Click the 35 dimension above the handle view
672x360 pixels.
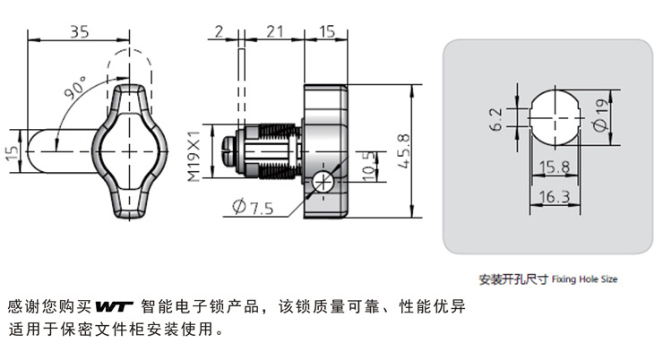(79, 31)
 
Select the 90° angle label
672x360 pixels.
(76, 88)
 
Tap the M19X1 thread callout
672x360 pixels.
(194, 156)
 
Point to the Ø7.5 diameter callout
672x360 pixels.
(253, 207)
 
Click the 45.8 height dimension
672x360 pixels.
(403, 151)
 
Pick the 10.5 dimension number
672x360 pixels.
(368, 167)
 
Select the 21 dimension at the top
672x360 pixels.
(274, 31)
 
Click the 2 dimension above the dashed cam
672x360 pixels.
(219, 31)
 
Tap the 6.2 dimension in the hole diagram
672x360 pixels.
(495, 119)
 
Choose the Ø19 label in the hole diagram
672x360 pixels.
(601, 115)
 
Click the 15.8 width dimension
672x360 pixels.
(555, 167)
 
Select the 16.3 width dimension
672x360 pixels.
(555, 197)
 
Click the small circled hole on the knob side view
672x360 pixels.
(323, 183)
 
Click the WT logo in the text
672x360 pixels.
(114, 306)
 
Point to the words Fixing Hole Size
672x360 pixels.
(584, 279)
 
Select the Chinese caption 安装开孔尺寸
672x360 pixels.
(513, 279)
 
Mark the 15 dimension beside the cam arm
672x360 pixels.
(13, 151)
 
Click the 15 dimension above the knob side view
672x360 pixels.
(326, 31)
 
